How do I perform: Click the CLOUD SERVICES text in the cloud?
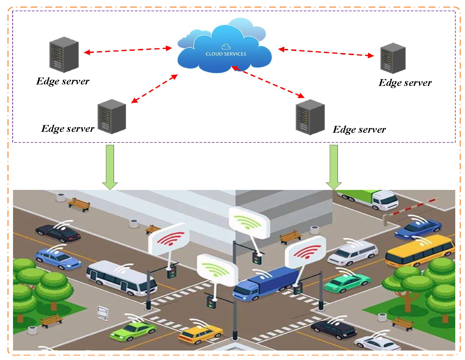226,54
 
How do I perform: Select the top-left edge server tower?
64,55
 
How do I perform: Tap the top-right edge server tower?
393,58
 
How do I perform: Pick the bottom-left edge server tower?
112,116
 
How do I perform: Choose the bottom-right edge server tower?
310,117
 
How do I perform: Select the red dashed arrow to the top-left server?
128,50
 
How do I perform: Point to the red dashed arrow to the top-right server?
326,52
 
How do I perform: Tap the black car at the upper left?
58,233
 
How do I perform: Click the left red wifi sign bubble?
169,239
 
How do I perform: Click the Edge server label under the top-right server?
405,83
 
